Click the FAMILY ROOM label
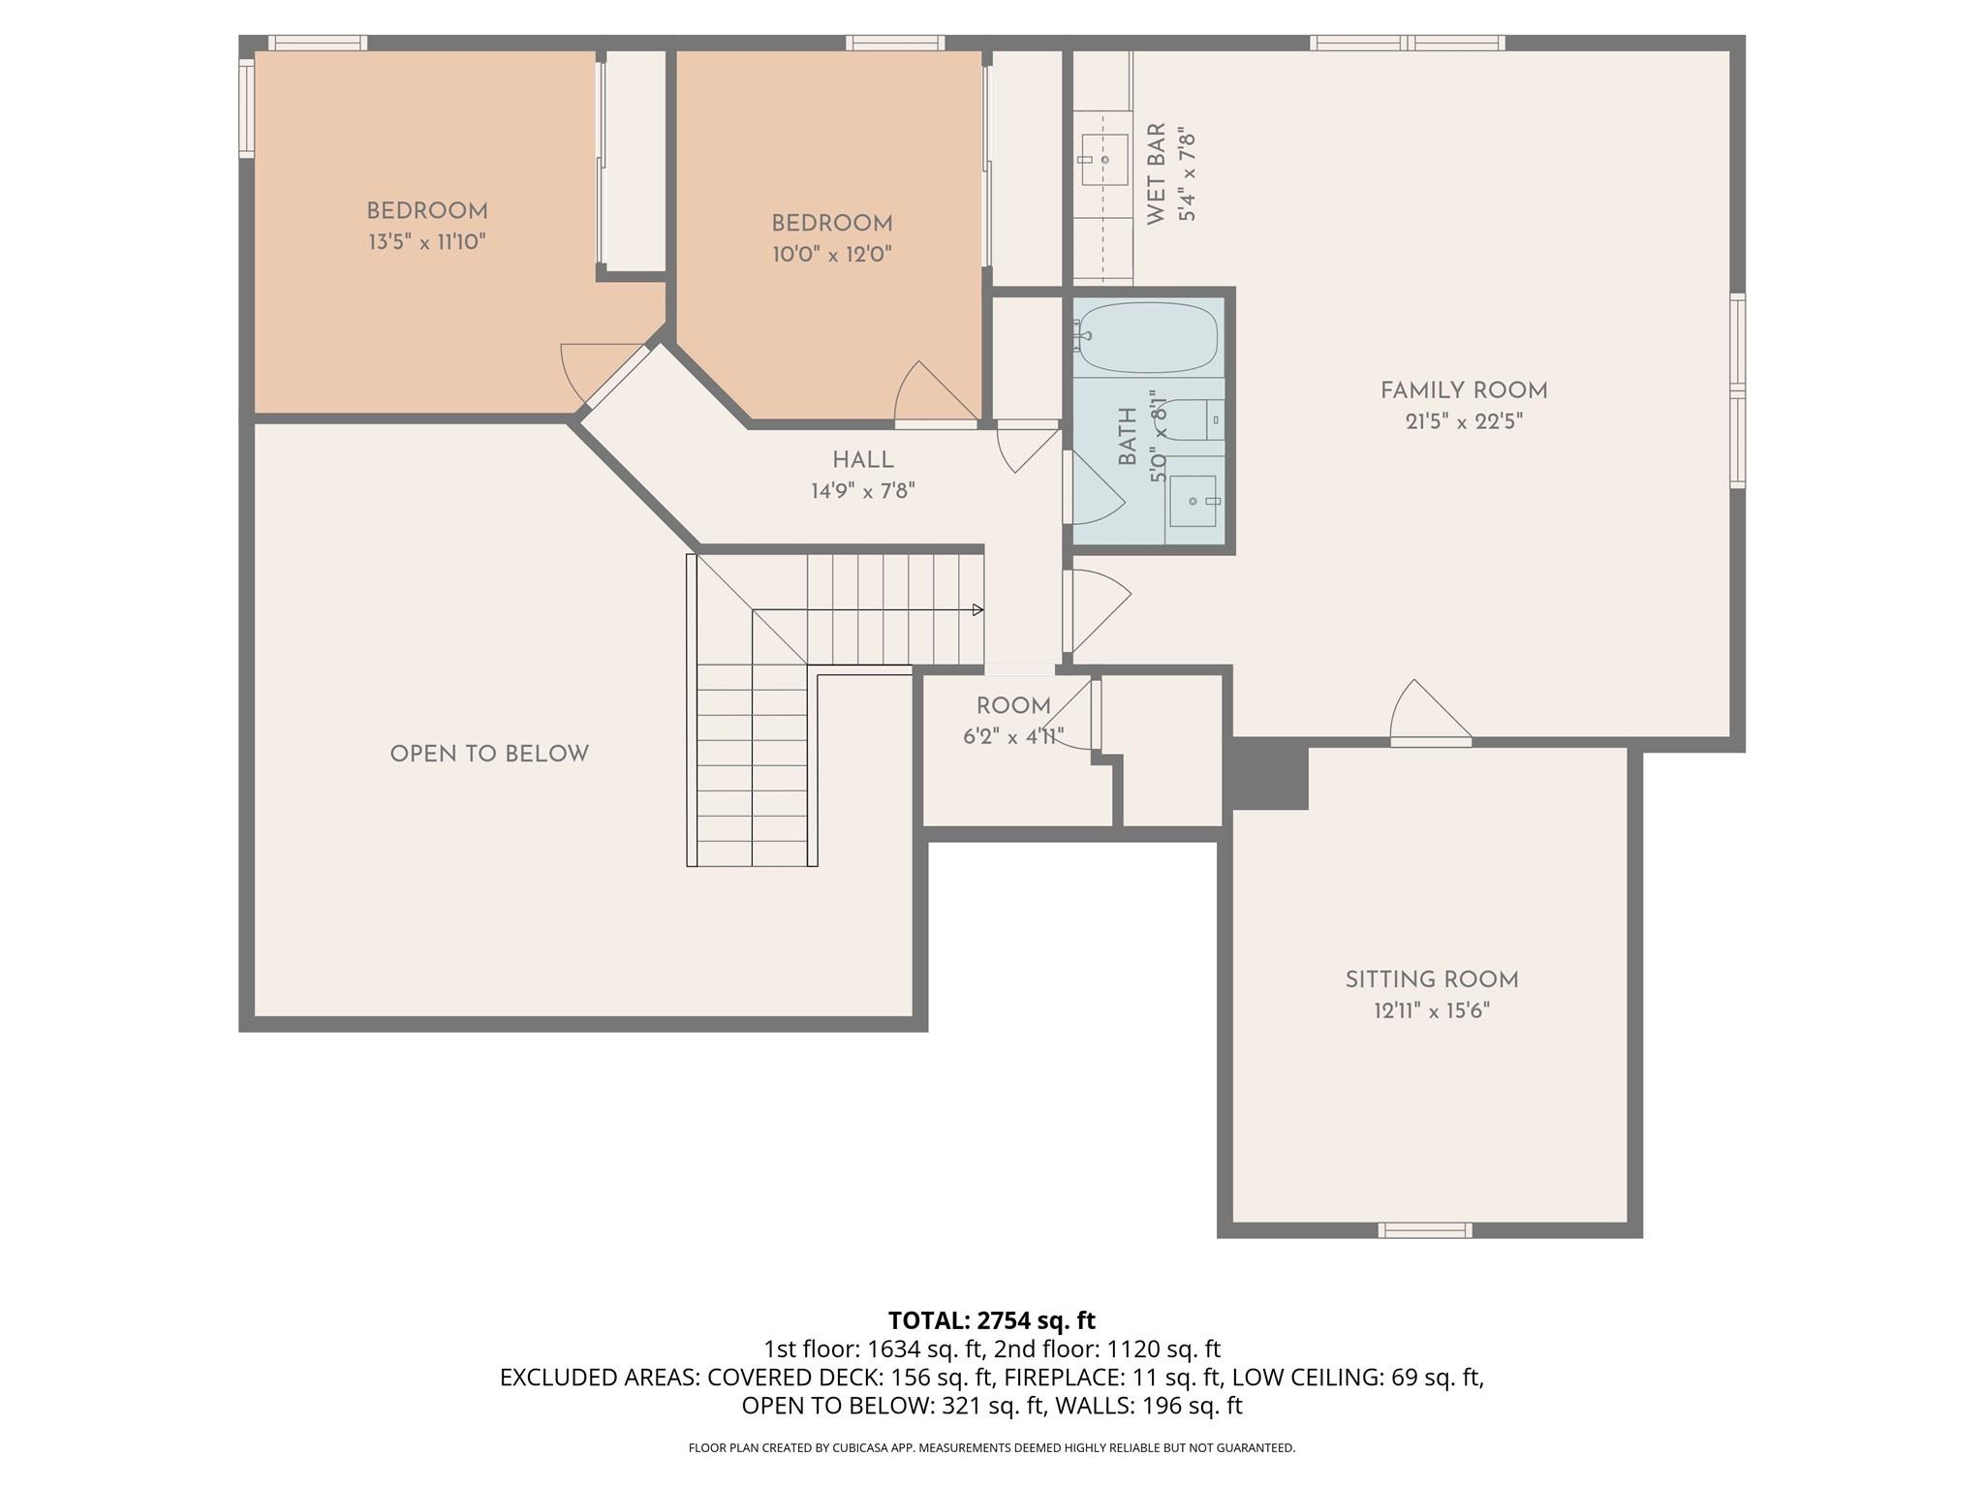coord(1463,390)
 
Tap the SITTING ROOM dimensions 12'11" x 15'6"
coord(1431,1011)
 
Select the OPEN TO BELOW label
coord(489,754)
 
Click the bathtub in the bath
coord(1148,337)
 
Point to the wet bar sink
coord(1104,160)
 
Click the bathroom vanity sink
coord(1193,501)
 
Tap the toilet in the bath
coord(1192,419)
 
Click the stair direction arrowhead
coord(978,610)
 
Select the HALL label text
coord(862,460)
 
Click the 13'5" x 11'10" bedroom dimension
coord(426,242)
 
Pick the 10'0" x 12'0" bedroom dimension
coord(831,255)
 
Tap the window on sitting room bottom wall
coord(1425,1230)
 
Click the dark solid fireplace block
coord(1269,773)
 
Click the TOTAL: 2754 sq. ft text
coord(991,1320)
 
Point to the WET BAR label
coord(1156,174)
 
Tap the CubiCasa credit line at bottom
coord(991,1447)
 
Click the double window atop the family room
coord(1407,43)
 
